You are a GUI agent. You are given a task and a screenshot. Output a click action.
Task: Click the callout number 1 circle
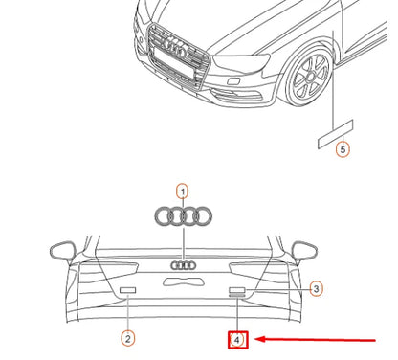pyautogui.click(x=182, y=191)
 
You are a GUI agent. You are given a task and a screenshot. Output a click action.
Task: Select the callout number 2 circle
pyautogui.click(x=127, y=337)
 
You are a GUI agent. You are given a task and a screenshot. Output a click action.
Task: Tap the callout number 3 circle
pyautogui.click(x=317, y=287)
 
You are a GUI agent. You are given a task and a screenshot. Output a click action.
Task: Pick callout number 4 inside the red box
pyautogui.click(x=236, y=338)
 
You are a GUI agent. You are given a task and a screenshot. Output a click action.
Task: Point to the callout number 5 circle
pyautogui.click(x=343, y=149)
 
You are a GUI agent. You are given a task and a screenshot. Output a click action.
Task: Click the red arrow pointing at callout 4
pyautogui.click(x=316, y=338)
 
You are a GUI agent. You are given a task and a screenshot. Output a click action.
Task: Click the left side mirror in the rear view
pyautogui.click(x=62, y=252)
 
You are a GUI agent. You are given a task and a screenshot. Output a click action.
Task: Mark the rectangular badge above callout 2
pyautogui.click(x=127, y=289)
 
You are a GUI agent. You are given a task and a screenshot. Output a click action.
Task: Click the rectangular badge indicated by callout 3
pyautogui.click(x=237, y=288)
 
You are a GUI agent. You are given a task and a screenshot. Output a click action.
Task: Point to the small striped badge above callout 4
pyautogui.click(x=237, y=298)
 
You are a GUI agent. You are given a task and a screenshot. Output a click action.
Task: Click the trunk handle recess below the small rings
pyautogui.click(x=183, y=281)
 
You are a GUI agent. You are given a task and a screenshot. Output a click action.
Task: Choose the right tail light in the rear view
pyautogui.click(x=260, y=270)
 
